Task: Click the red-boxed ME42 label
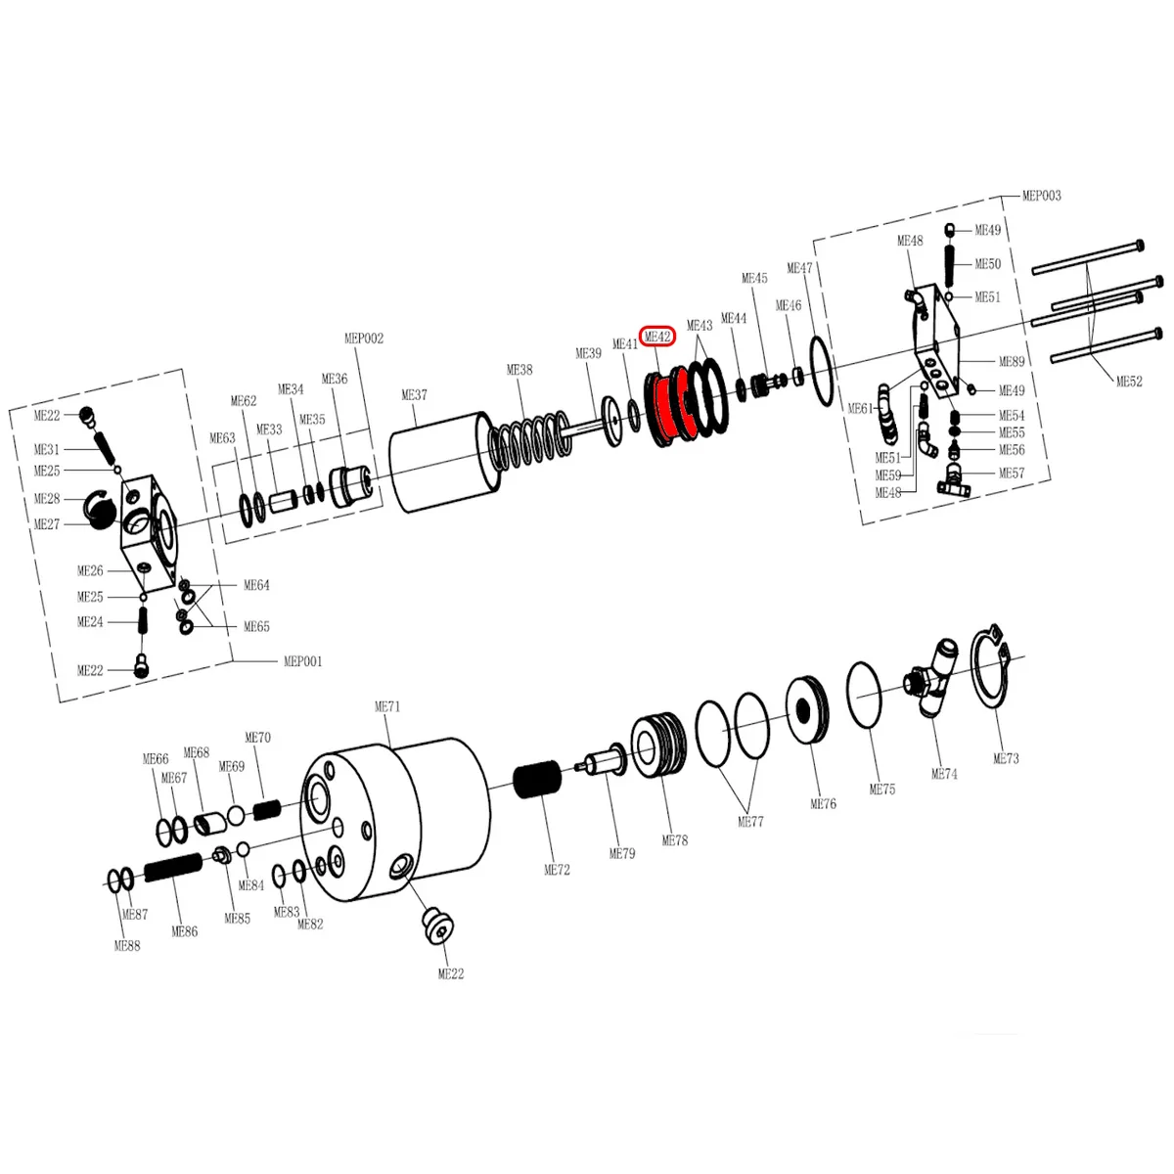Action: pos(656,337)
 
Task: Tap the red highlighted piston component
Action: pos(669,404)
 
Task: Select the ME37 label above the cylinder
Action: pos(414,395)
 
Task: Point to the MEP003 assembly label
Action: pos(1041,196)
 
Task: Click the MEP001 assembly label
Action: pos(302,661)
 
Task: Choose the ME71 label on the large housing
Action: pos(386,706)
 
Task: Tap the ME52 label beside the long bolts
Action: pos(1129,382)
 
